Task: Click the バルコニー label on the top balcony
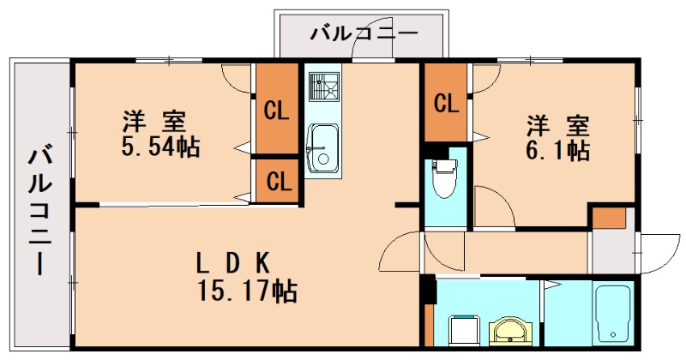[363, 35]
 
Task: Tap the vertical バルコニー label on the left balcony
[39, 211]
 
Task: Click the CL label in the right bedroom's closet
[445, 104]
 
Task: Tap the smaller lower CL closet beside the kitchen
[276, 181]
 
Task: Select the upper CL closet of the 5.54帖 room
[275, 110]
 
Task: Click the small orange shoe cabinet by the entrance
[610, 218]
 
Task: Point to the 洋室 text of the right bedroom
[559, 125]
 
